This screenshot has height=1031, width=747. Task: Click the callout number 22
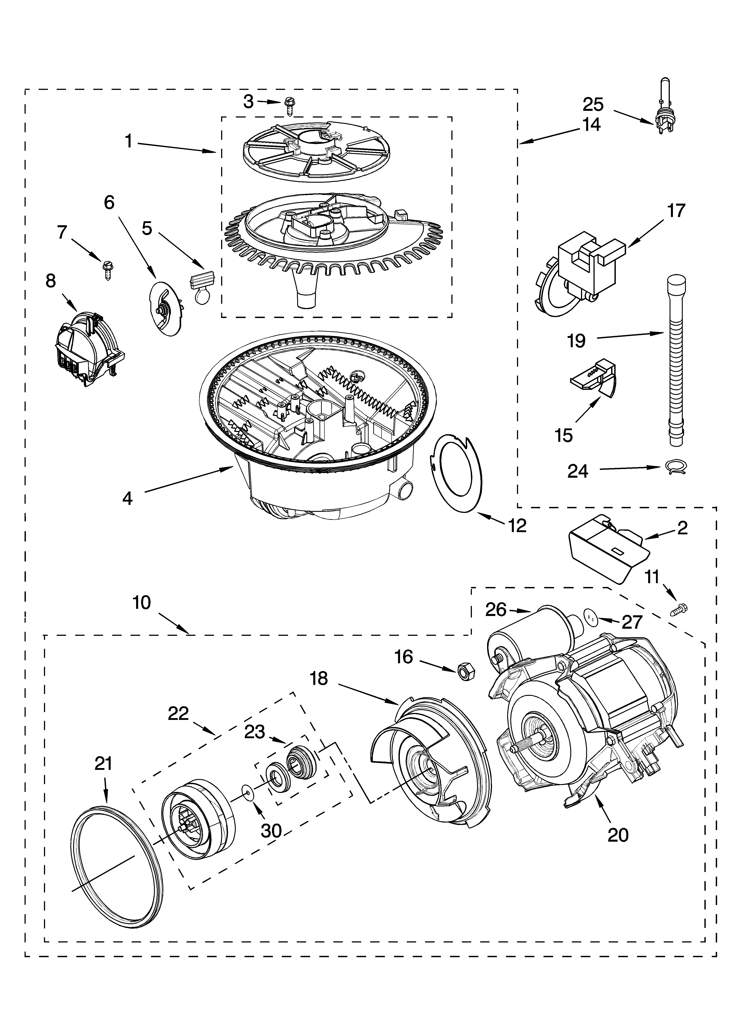pos(178,713)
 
